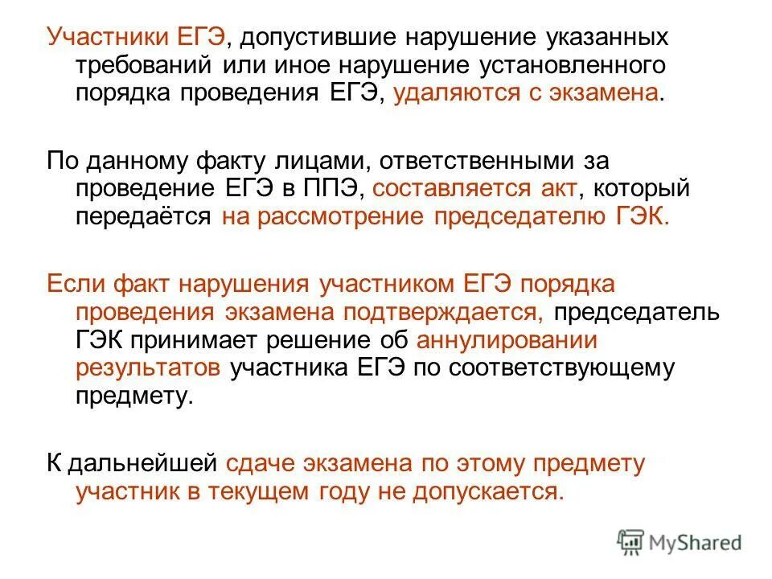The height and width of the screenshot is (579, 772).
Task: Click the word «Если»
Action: tap(76, 285)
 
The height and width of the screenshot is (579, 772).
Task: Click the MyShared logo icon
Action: tap(632, 542)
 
